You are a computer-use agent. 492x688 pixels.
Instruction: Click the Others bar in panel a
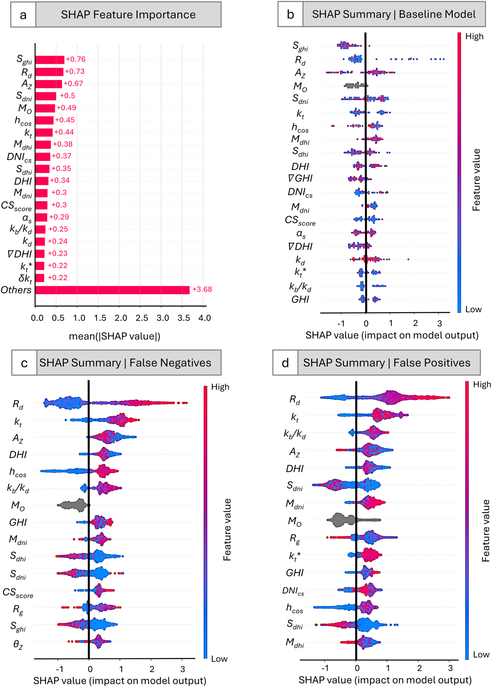(112, 290)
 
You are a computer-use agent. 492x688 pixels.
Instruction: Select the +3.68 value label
(202, 289)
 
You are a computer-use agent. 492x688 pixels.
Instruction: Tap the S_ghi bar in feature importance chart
(50, 60)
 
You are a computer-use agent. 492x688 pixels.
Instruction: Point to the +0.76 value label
(76, 59)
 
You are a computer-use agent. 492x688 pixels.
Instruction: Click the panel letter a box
(23, 15)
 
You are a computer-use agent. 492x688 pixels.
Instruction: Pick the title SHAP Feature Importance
(128, 15)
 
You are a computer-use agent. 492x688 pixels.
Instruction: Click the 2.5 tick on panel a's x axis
(142, 318)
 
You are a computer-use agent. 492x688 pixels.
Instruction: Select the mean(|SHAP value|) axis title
(114, 336)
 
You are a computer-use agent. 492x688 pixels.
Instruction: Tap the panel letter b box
(290, 14)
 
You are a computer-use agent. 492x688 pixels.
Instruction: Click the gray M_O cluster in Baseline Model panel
(355, 86)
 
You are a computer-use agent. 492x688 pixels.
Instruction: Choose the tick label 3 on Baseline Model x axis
(440, 323)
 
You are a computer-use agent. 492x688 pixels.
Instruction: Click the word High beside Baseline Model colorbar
(474, 36)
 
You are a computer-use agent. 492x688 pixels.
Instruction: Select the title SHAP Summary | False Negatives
(125, 363)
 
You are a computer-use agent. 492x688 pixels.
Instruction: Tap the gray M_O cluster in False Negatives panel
(72, 505)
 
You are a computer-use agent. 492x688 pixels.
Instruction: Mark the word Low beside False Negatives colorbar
(219, 659)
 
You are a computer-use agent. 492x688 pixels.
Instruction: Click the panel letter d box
(285, 363)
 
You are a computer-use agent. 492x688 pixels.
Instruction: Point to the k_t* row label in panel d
(294, 556)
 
